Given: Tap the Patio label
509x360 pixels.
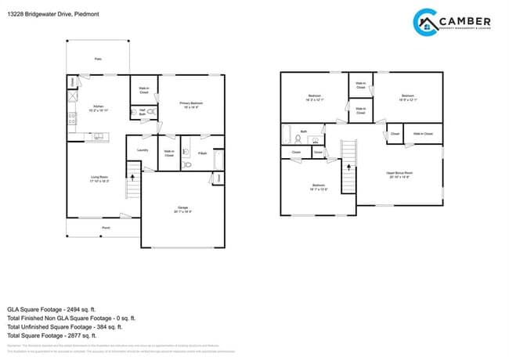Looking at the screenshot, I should tap(98, 59).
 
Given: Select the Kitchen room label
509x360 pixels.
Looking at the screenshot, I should tap(99, 109).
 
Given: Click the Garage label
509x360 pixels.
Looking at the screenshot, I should tap(182, 209).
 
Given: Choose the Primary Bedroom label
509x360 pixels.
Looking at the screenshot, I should tap(192, 104).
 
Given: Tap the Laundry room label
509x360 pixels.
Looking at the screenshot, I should tap(143, 149).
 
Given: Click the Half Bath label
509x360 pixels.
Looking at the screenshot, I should tap(143, 113).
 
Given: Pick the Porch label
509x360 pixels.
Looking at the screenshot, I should tap(105, 228).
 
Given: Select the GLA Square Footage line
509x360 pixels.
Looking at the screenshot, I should tap(64, 308).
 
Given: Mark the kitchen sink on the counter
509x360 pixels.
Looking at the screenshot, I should tap(100, 138).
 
